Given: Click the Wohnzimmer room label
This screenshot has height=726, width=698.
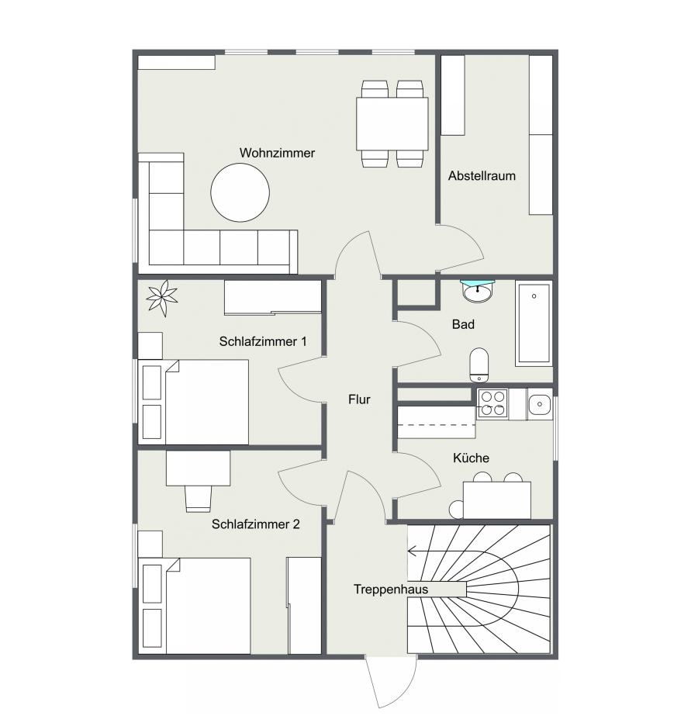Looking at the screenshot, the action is [277, 153].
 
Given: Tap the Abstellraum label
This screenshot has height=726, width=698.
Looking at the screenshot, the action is [482, 176].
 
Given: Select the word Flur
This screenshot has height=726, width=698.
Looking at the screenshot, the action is [359, 399].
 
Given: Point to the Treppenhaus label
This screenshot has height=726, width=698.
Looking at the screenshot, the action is [391, 589].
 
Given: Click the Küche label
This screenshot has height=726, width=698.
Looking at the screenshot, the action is [471, 458].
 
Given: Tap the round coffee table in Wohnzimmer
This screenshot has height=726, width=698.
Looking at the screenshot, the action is [240, 193].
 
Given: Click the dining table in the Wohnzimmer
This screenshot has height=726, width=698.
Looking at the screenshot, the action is [392, 123].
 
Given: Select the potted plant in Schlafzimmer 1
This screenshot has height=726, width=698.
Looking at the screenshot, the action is [162, 298].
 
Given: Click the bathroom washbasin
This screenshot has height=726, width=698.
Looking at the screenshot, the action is [478, 292].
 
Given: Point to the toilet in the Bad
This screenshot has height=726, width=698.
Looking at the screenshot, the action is [479, 365].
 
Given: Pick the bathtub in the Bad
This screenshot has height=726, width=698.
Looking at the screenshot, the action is [534, 323].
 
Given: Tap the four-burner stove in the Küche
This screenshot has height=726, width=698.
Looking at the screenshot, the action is [492, 403].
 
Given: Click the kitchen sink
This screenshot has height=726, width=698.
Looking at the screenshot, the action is [539, 404].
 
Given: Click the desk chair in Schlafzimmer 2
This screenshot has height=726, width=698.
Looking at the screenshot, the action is [198, 499].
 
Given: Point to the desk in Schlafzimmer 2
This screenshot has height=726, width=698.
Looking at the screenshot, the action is [198, 468].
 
